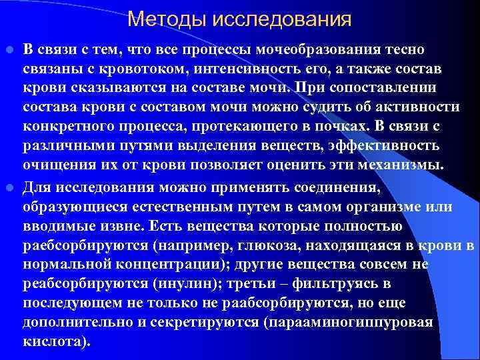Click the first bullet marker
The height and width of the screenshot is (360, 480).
[x=10, y=49]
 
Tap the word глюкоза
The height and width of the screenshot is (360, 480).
[x=271, y=245]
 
